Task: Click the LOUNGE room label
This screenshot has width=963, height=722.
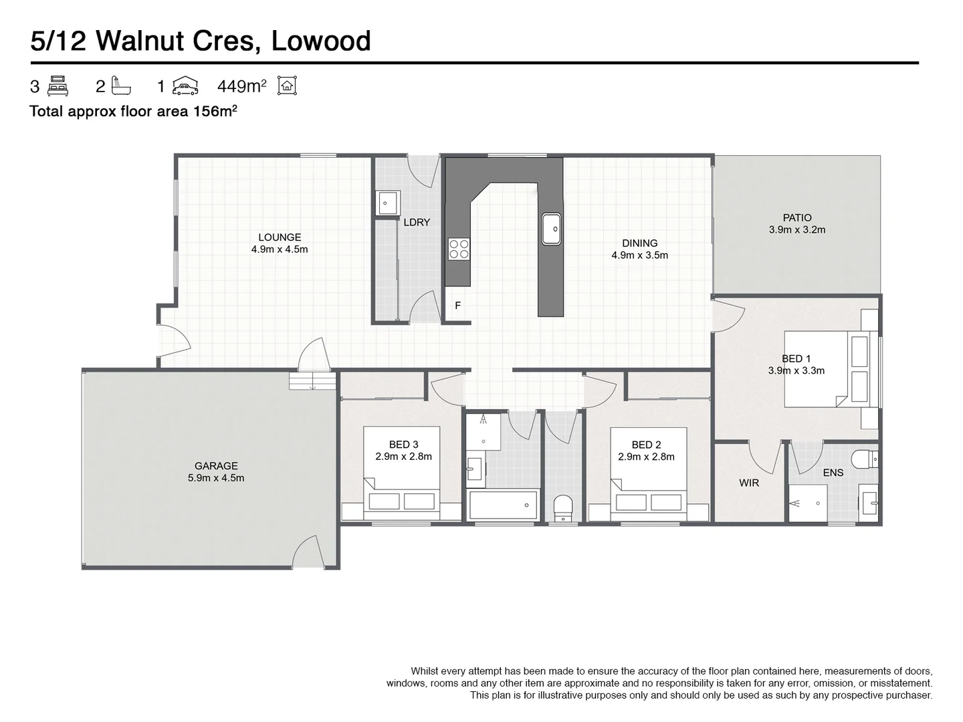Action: click(x=280, y=237)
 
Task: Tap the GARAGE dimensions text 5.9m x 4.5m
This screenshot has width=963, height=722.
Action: click(x=216, y=478)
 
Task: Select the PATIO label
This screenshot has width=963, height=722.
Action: click(x=797, y=217)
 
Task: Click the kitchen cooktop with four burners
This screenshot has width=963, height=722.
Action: click(x=459, y=249)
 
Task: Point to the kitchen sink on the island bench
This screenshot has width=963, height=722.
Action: click(x=552, y=229)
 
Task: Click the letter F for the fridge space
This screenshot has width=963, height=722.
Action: click(x=457, y=306)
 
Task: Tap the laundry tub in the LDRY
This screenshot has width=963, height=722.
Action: click(x=387, y=203)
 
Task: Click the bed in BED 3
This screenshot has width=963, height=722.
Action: click(x=401, y=473)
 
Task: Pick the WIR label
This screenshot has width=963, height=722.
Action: click(x=749, y=483)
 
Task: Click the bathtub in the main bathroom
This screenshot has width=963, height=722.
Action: click(x=503, y=505)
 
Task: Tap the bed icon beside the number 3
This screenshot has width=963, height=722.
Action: click(x=58, y=86)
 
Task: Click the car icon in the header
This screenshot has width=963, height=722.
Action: click(x=185, y=86)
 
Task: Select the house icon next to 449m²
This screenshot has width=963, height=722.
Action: click(x=287, y=86)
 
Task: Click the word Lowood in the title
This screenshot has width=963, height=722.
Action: click(x=321, y=41)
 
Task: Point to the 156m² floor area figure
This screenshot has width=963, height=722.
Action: click(x=215, y=111)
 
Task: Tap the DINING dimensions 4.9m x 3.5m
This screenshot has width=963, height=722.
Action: click(x=640, y=255)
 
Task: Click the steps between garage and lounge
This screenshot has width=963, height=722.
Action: click(x=312, y=380)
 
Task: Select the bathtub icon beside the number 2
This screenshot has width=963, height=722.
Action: click(x=121, y=86)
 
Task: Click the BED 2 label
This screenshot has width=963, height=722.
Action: click(x=646, y=445)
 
